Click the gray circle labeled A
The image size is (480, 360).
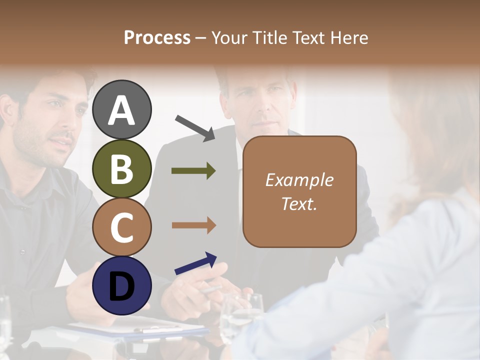click(x=122, y=110)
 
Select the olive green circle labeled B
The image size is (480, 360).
click(x=122, y=168)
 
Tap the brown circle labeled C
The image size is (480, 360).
click(x=122, y=227)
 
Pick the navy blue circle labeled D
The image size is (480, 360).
click(x=122, y=285)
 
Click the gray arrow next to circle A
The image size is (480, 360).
click(x=195, y=127)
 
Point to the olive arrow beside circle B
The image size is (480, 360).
click(x=193, y=171)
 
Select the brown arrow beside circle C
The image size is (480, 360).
click(x=193, y=225)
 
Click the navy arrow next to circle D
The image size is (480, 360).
click(x=195, y=263)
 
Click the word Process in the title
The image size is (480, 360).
click(x=157, y=37)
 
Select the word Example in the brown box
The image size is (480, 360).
click(x=299, y=180)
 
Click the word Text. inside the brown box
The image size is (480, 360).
click(x=299, y=203)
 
